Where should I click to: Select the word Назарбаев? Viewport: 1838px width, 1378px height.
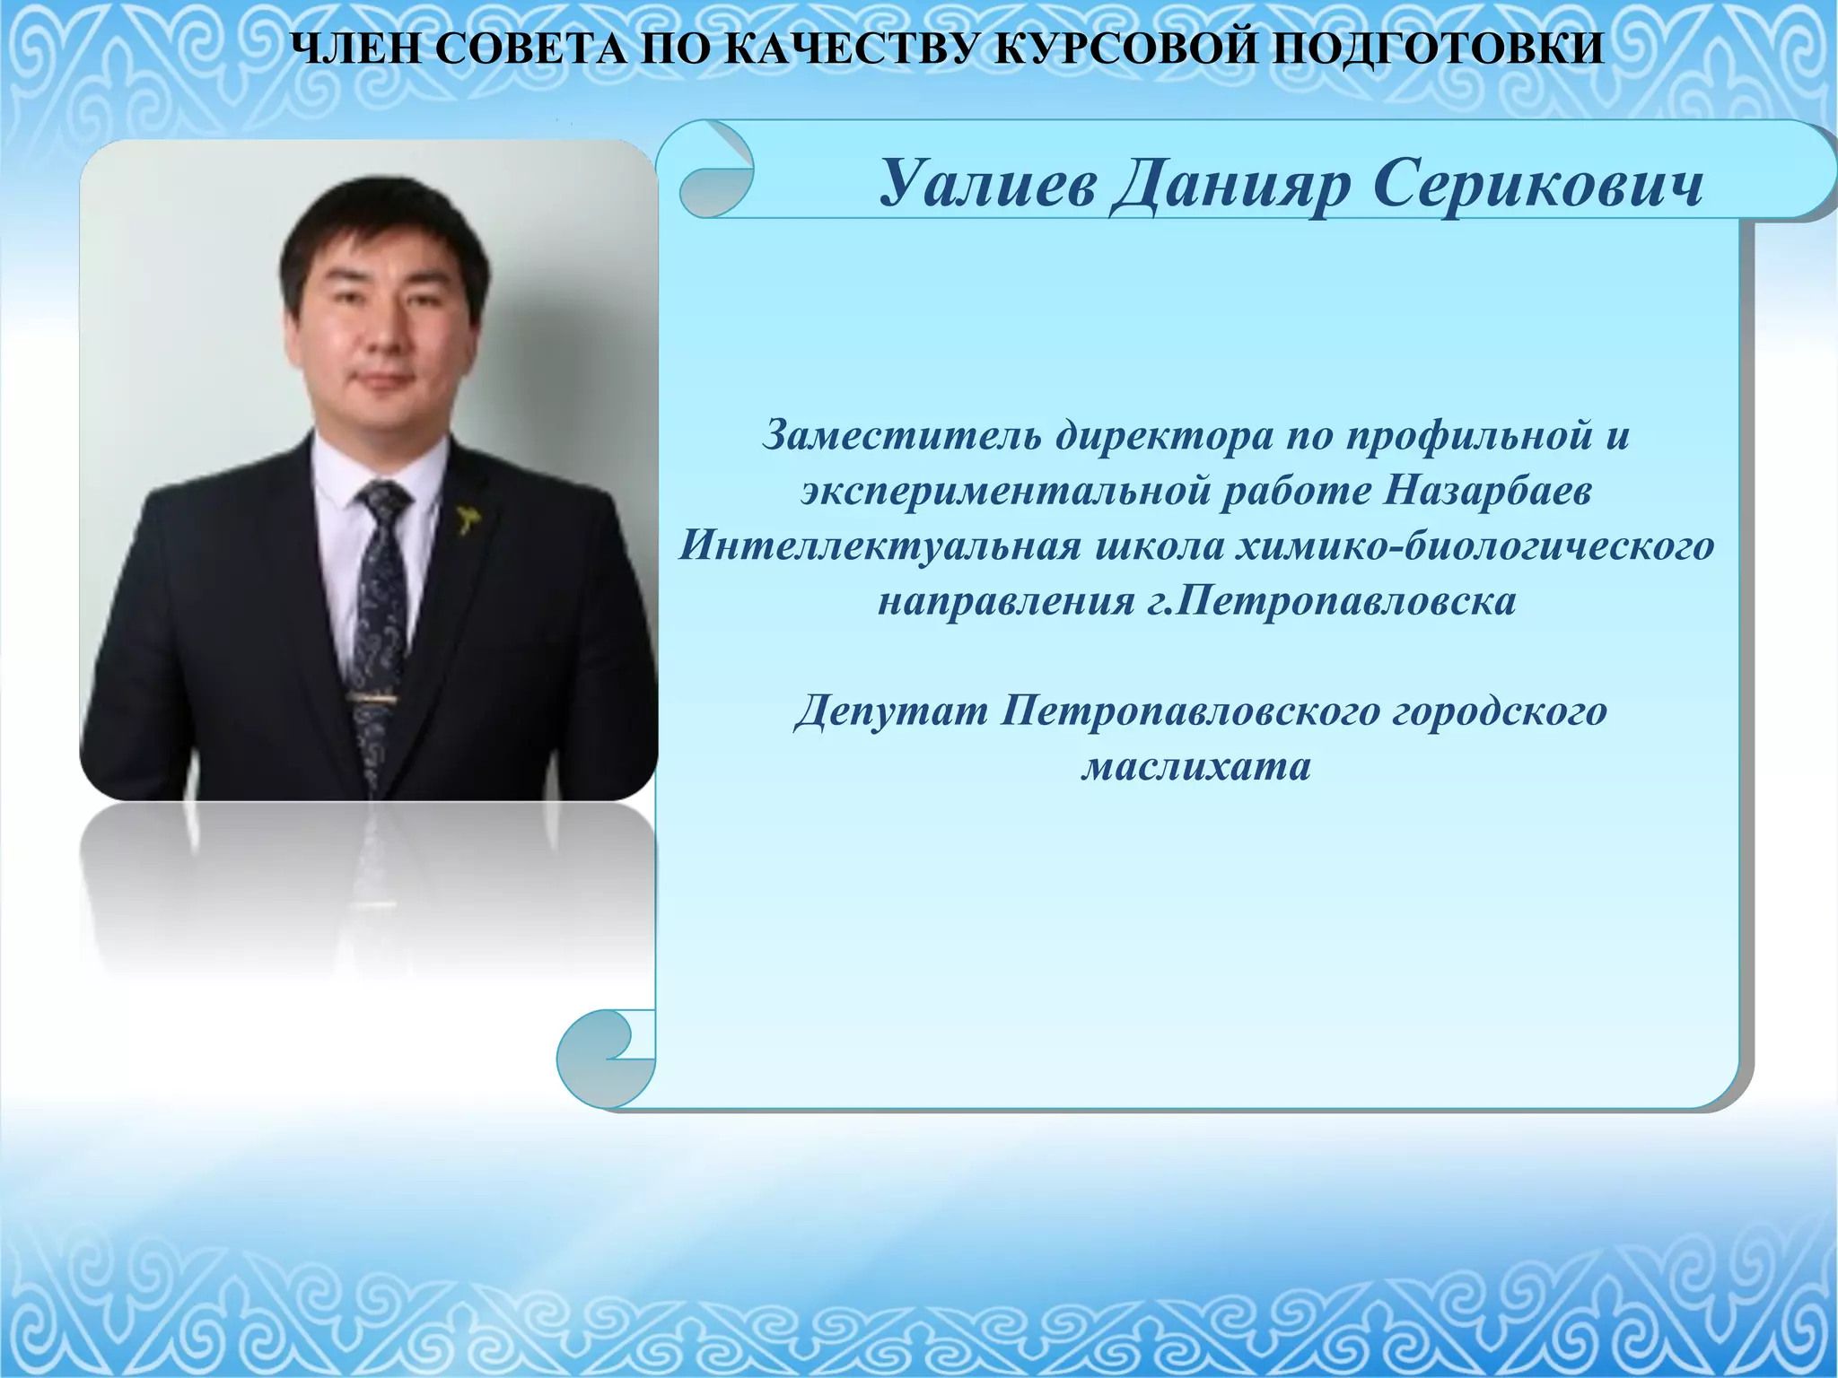coord(1486,492)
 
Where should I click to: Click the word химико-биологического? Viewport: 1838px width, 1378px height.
coord(1475,546)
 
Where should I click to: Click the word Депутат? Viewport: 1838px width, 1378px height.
coord(890,711)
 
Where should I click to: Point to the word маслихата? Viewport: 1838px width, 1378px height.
coord(1196,766)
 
